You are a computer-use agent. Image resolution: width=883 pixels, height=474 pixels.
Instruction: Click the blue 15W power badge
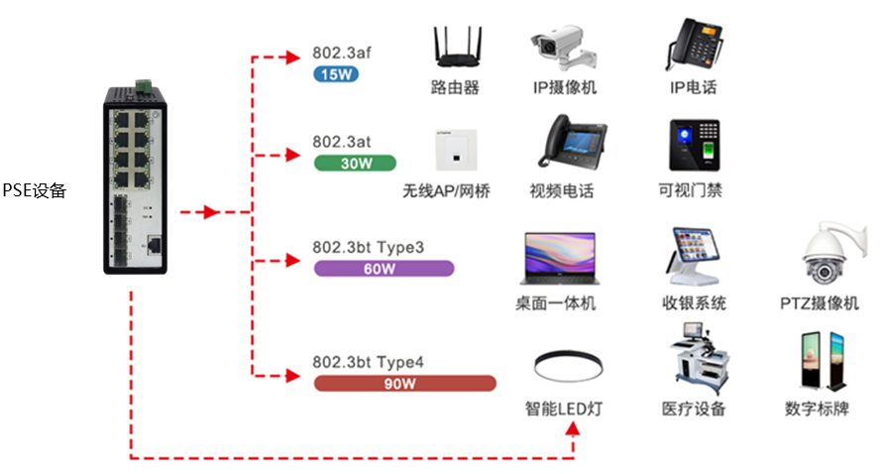tap(335, 73)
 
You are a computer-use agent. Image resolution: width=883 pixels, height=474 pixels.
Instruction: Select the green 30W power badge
tap(355, 163)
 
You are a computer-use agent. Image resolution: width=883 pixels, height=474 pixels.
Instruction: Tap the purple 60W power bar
tap(383, 268)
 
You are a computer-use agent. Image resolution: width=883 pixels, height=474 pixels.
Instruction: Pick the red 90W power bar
tap(404, 383)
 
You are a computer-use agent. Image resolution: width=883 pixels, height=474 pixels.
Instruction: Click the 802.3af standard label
tap(342, 54)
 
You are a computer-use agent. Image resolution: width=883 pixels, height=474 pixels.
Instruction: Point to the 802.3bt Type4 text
tap(369, 362)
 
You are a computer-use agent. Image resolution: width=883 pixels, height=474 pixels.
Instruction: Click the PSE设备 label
tap(34, 191)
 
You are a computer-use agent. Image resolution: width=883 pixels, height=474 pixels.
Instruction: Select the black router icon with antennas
tap(455, 49)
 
